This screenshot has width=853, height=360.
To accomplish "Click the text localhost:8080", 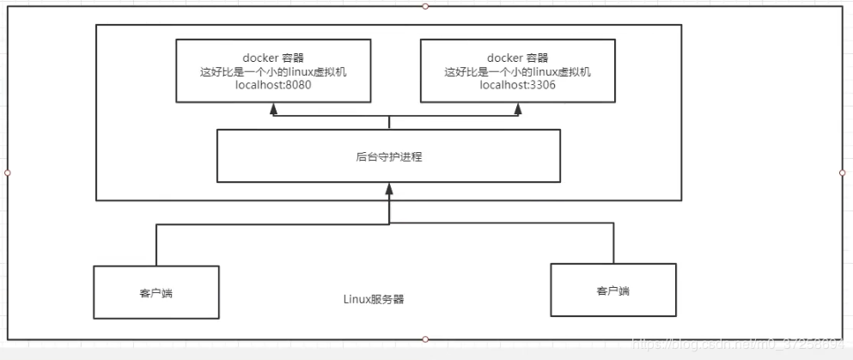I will tap(273, 86).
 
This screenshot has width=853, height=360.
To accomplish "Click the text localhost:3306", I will tap(517, 86).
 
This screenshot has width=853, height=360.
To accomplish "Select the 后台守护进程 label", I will tap(388, 157).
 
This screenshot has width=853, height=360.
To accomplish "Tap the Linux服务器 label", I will tap(374, 300).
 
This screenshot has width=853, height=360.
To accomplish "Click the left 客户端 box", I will tap(155, 292).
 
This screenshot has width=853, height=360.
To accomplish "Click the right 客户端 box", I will tap(612, 290).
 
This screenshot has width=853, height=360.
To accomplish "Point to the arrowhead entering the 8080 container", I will tap(273, 109).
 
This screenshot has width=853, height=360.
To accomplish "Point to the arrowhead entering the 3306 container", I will tap(517, 109).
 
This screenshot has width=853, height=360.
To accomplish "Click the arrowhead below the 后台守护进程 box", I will tap(389, 188).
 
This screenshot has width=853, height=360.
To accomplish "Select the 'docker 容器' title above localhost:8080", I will tap(273, 58).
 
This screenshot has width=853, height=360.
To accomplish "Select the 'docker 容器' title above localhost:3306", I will tap(517, 58).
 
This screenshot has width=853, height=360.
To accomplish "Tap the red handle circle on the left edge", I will tap(7, 172).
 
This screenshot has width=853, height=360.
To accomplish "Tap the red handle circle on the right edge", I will tap(842, 172).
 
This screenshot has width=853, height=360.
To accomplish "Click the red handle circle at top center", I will tap(425, 6).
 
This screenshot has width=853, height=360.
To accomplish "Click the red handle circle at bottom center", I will tap(425, 339).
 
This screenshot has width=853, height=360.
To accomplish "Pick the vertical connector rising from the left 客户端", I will tap(155, 245).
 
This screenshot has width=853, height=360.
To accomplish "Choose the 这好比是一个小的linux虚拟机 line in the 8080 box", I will tap(273, 72).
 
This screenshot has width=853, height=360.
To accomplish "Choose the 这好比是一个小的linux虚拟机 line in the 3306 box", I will tap(517, 72).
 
